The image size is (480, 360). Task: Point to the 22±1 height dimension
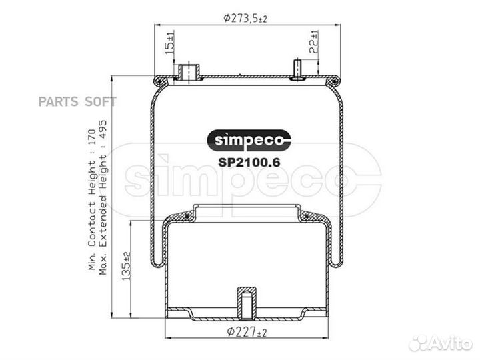[x=314, y=42]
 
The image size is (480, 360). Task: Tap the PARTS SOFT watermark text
[x=77, y=102]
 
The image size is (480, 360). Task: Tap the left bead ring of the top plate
[x=161, y=81]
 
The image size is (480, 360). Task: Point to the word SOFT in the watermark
[x=100, y=102]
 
